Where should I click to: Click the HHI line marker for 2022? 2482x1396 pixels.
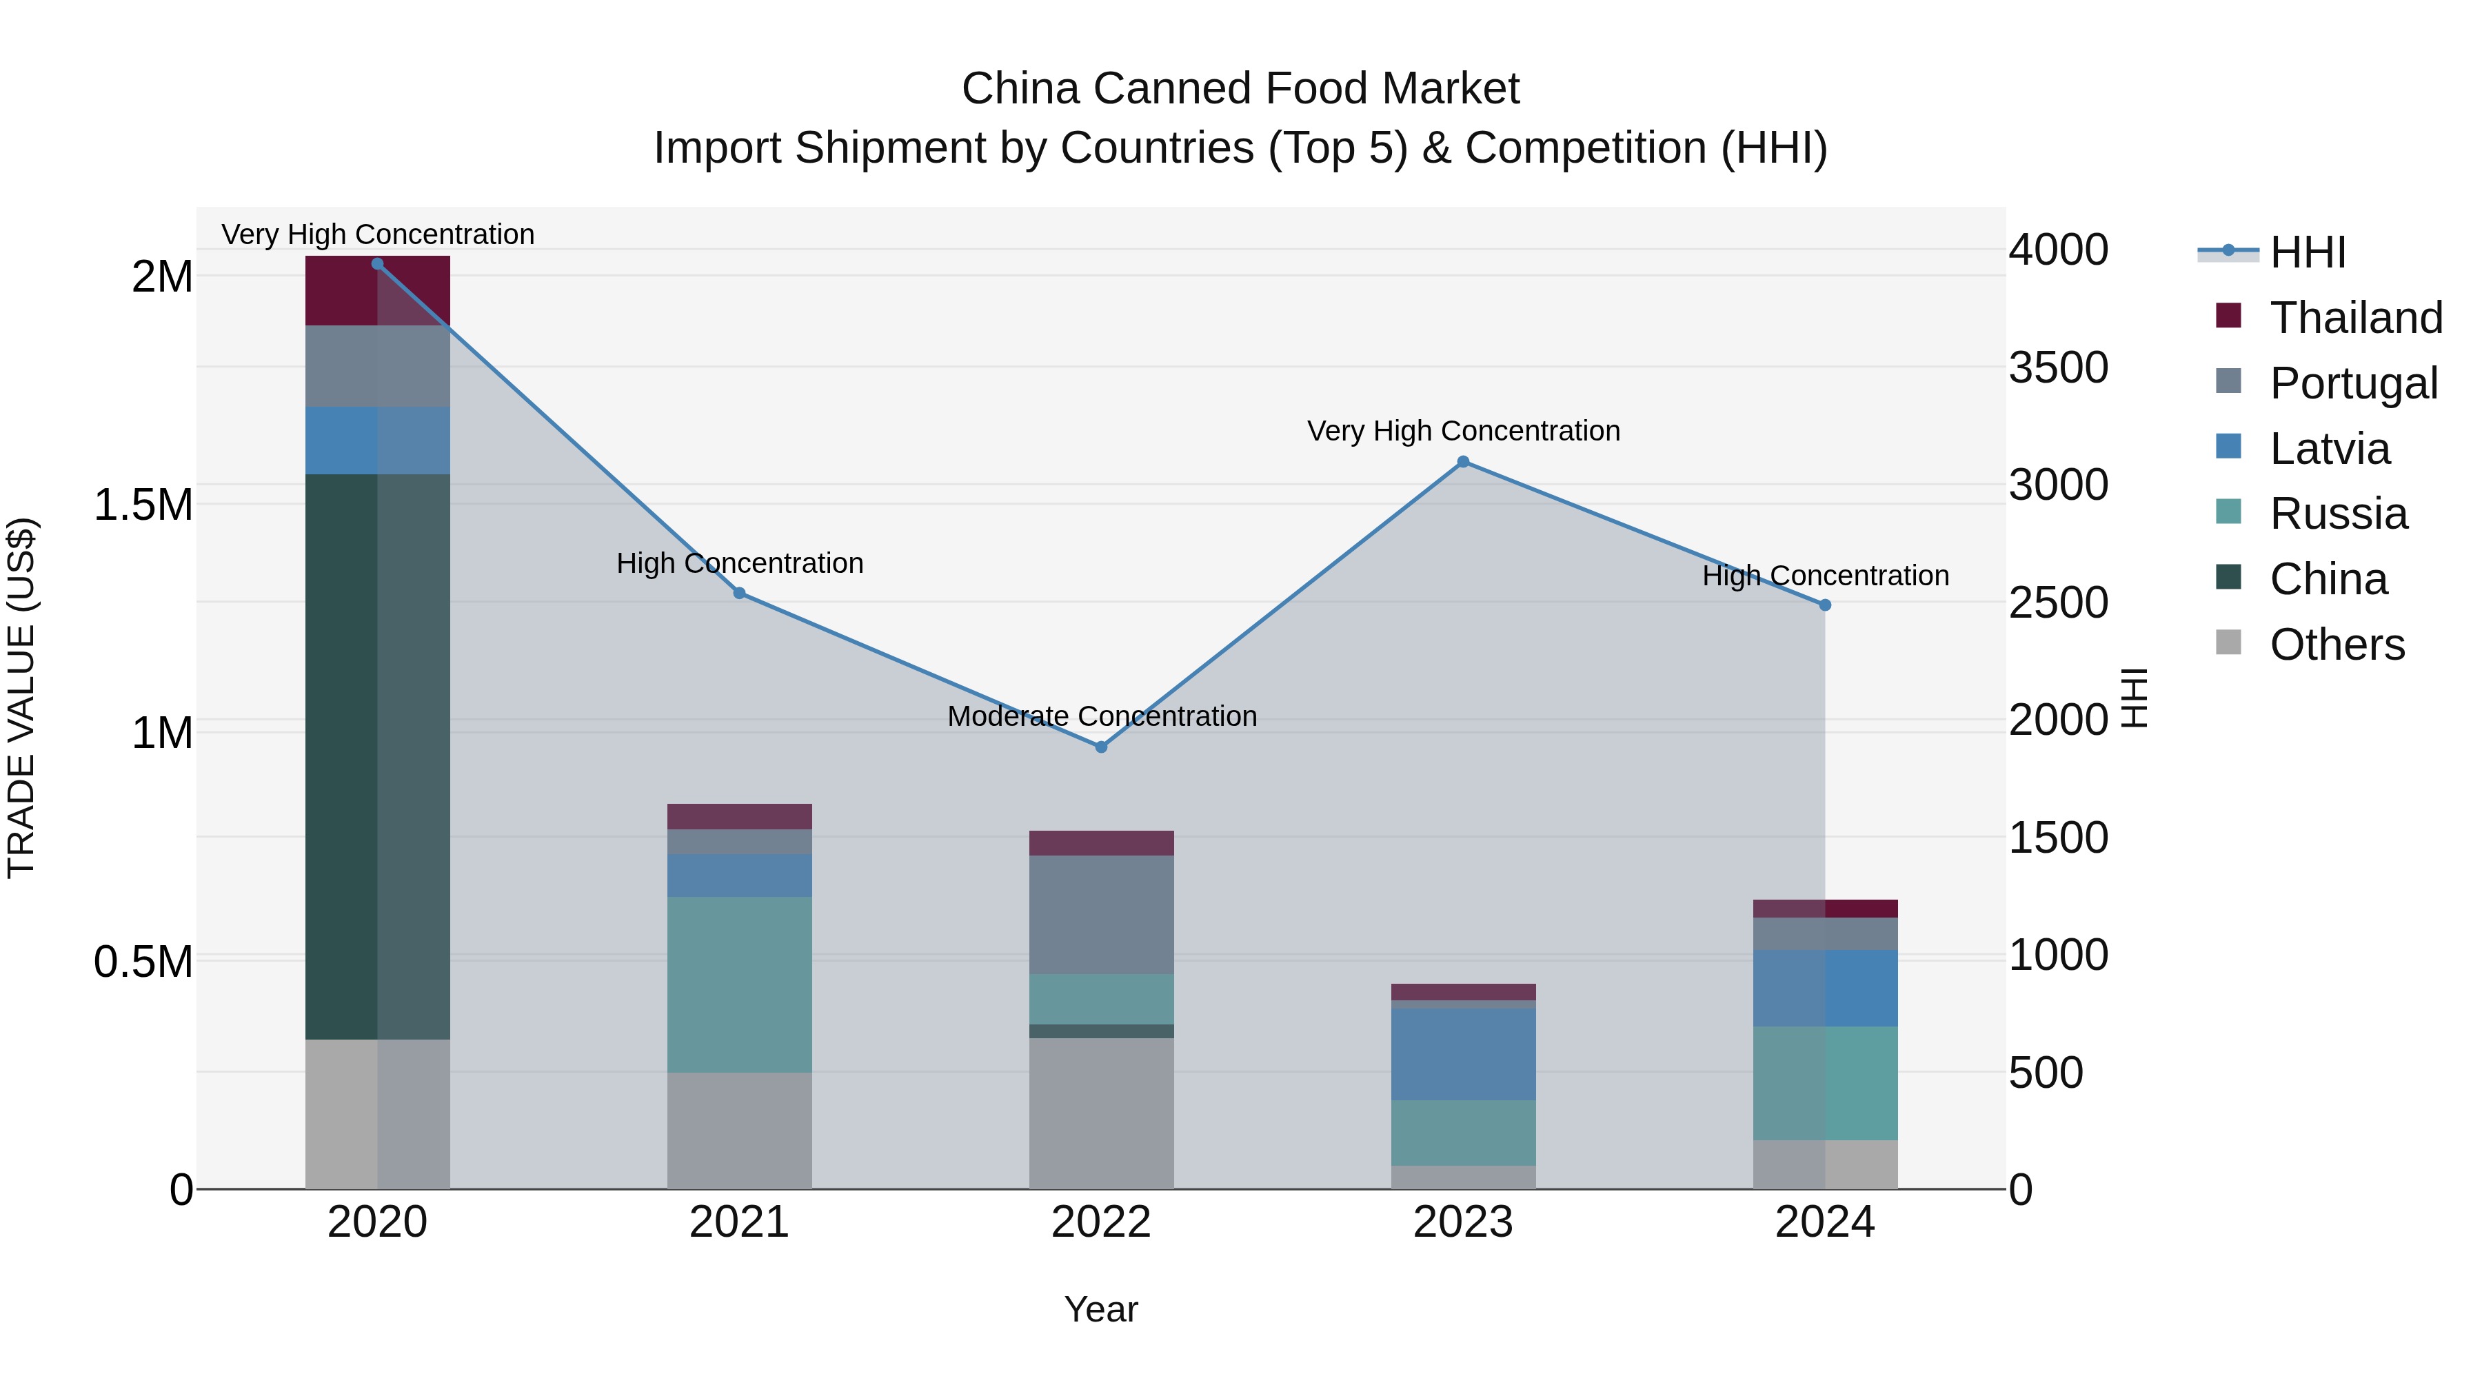tap(1101, 747)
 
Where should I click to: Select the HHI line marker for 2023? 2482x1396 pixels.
tap(1462, 461)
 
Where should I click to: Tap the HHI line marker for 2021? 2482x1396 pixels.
tap(739, 592)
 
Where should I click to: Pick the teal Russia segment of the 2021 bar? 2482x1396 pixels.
tap(739, 984)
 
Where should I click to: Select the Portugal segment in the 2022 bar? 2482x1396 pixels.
tap(1101, 914)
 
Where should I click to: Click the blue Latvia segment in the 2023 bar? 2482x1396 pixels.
tap(1462, 1054)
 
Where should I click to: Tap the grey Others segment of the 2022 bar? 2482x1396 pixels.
tap(1101, 1113)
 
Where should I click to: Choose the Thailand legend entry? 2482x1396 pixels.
tap(2355, 317)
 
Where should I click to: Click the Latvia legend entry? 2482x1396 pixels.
tap(2329, 448)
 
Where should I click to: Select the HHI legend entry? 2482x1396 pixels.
tap(2307, 252)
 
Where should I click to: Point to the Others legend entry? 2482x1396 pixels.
tap(2336, 644)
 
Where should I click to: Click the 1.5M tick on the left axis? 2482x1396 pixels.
tap(143, 505)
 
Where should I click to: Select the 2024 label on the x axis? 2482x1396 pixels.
tap(1824, 1222)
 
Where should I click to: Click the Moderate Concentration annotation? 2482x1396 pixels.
tap(1101, 716)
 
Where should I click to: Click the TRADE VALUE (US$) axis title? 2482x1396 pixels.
tap(21, 698)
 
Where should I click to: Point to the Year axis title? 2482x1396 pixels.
tap(1100, 1309)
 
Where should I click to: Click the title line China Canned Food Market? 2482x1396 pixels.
tap(1240, 89)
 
